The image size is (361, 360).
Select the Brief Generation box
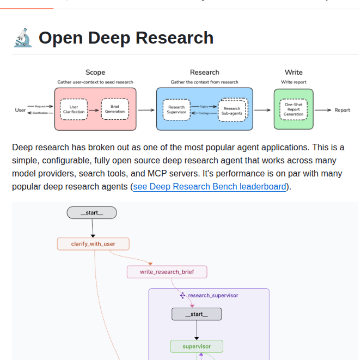(115, 109)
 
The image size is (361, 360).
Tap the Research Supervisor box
(176, 109)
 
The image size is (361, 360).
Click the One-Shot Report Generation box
(293, 109)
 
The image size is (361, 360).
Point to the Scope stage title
(95, 72)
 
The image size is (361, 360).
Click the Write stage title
(293, 72)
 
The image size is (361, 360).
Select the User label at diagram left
(20, 110)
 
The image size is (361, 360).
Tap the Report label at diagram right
(342, 110)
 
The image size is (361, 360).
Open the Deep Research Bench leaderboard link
(210, 186)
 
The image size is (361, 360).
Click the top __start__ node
(91, 213)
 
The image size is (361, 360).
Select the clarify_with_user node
(93, 243)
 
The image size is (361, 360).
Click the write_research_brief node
(167, 271)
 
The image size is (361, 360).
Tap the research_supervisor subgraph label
(212, 295)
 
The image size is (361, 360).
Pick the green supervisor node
(197, 346)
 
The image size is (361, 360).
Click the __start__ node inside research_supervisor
(197, 314)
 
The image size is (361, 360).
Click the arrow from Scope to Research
(146, 110)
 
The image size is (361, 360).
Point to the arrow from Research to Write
(262, 110)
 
